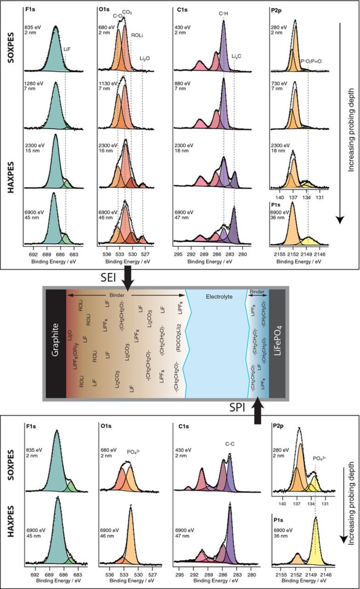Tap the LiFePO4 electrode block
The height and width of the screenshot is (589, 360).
point(277,343)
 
